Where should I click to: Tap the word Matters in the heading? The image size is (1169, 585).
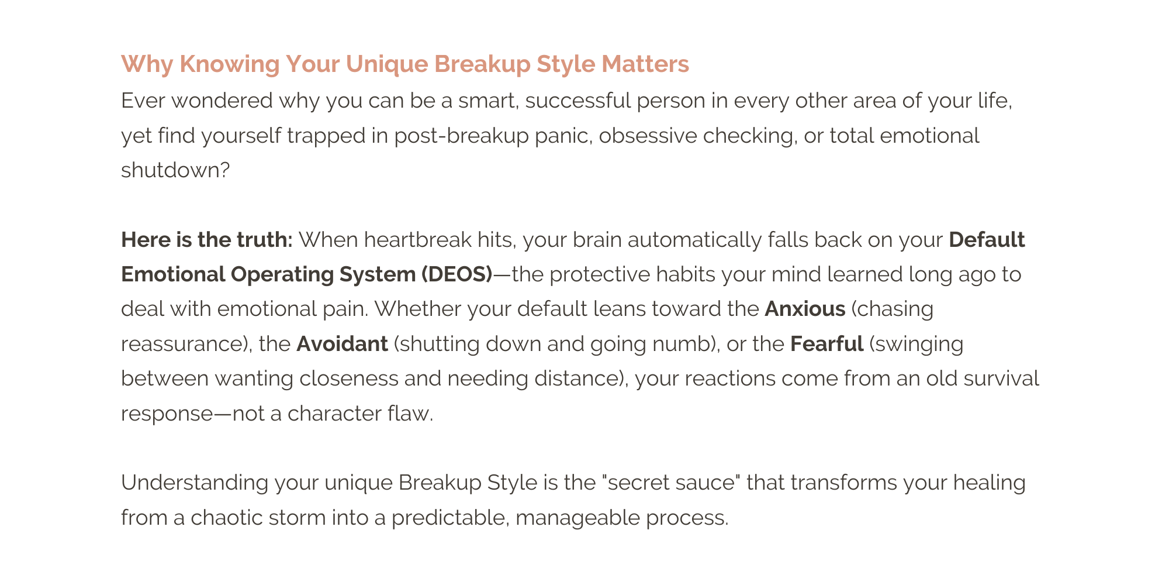click(645, 64)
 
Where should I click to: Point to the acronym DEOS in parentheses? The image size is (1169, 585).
click(456, 274)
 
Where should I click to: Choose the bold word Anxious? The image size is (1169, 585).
click(805, 309)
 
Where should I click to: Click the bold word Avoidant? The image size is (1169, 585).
click(342, 344)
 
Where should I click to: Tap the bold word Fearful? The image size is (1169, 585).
click(826, 344)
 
